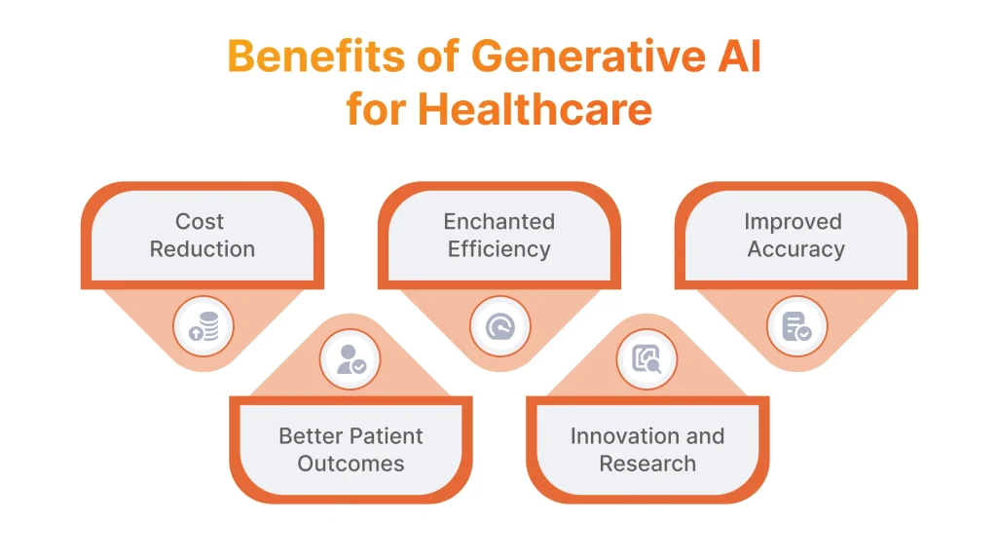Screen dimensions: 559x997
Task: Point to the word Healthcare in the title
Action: [535, 109]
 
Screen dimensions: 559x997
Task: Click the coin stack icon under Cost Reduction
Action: [203, 326]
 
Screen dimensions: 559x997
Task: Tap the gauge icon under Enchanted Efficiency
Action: [499, 326]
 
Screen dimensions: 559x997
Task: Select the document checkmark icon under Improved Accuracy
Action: [796, 326]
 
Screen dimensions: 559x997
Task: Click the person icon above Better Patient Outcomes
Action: [351, 359]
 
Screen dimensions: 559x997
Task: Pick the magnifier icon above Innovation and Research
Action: [647, 359]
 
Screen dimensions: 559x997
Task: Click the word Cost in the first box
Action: [200, 222]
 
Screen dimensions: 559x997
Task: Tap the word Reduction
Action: [203, 249]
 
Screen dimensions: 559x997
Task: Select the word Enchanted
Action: [498, 222]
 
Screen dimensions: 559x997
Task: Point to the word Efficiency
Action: [498, 249]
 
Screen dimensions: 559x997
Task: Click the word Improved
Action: [793, 222]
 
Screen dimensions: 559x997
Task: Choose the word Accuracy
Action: [795, 249]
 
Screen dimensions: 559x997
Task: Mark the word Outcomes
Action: [351, 464]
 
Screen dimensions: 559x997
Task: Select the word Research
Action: [647, 464]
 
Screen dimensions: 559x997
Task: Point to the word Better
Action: [307, 436]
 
